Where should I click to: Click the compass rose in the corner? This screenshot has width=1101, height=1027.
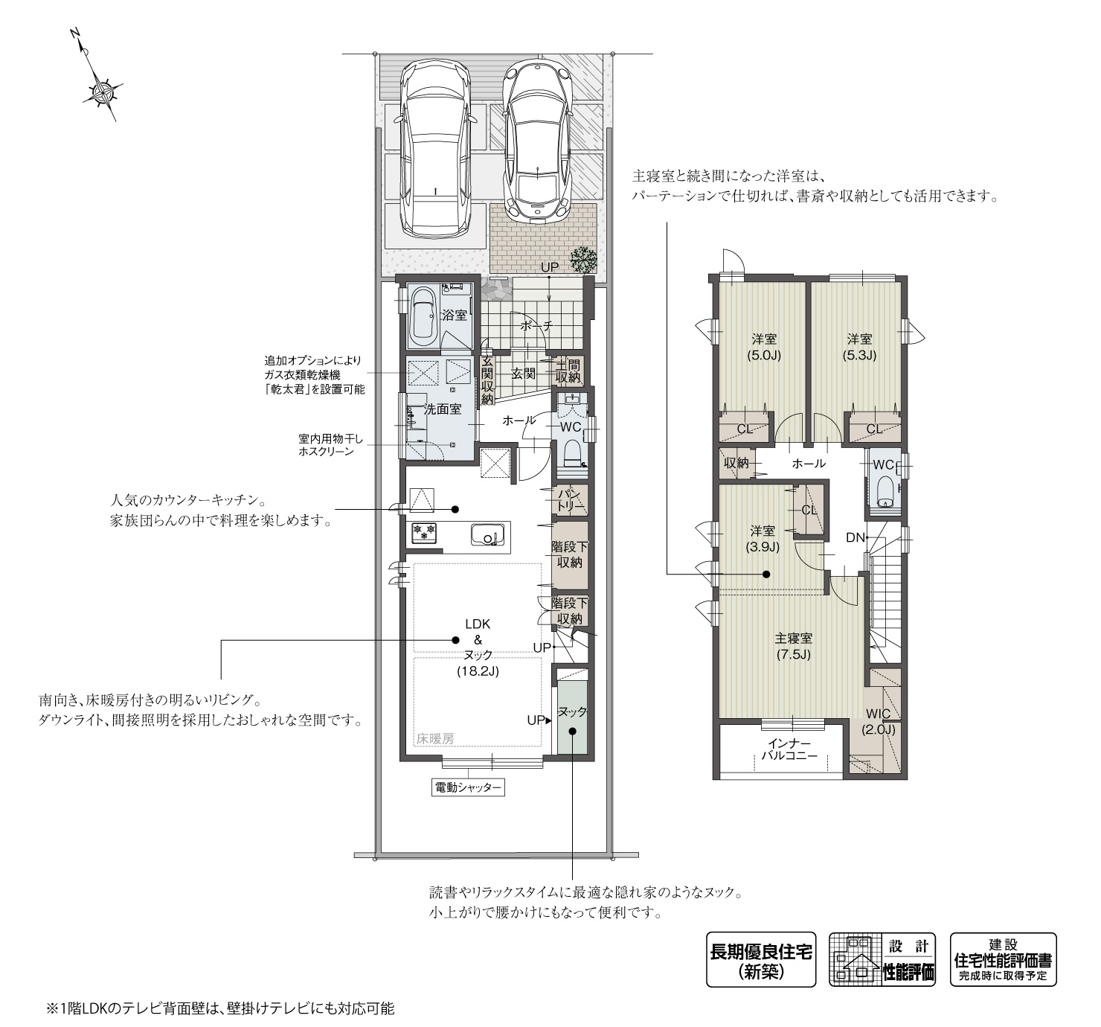(x=102, y=92)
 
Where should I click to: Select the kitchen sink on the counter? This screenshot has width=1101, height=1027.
(x=487, y=534)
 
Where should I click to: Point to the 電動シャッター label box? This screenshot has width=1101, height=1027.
(x=467, y=787)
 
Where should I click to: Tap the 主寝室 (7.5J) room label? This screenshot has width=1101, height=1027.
(x=793, y=646)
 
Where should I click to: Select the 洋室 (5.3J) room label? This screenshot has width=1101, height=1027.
(x=859, y=346)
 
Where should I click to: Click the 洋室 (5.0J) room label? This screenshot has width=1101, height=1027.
(x=764, y=346)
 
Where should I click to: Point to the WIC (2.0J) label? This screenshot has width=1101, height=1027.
(x=879, y=721)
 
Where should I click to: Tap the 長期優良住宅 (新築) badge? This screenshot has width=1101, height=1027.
(x=761, y=960)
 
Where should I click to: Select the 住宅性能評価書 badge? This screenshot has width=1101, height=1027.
(x=1003, y=960)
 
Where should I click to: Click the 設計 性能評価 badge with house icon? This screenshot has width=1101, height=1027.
(x=883, y=960)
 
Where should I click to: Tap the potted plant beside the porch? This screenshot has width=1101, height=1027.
(x=584, y=260)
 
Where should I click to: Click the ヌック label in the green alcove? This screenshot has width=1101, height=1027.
(x=572, y=711)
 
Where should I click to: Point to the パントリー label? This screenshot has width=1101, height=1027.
(x=570, y=500)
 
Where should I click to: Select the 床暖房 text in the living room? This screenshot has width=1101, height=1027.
(x=435, y=739)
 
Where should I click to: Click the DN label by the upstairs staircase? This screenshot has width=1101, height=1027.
(x=855, y=537)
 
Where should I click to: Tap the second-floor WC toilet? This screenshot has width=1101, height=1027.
(x=885, y=492)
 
